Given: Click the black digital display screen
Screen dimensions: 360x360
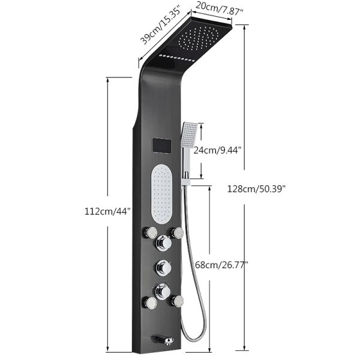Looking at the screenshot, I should click(161, 145).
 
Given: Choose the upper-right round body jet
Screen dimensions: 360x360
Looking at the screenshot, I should click(176, 232).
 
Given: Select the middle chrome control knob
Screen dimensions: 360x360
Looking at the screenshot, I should click(162, 267).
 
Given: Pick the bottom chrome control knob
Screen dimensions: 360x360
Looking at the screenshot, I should click(162, 292).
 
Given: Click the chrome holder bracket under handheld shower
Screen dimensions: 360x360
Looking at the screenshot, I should click(188, 175).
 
